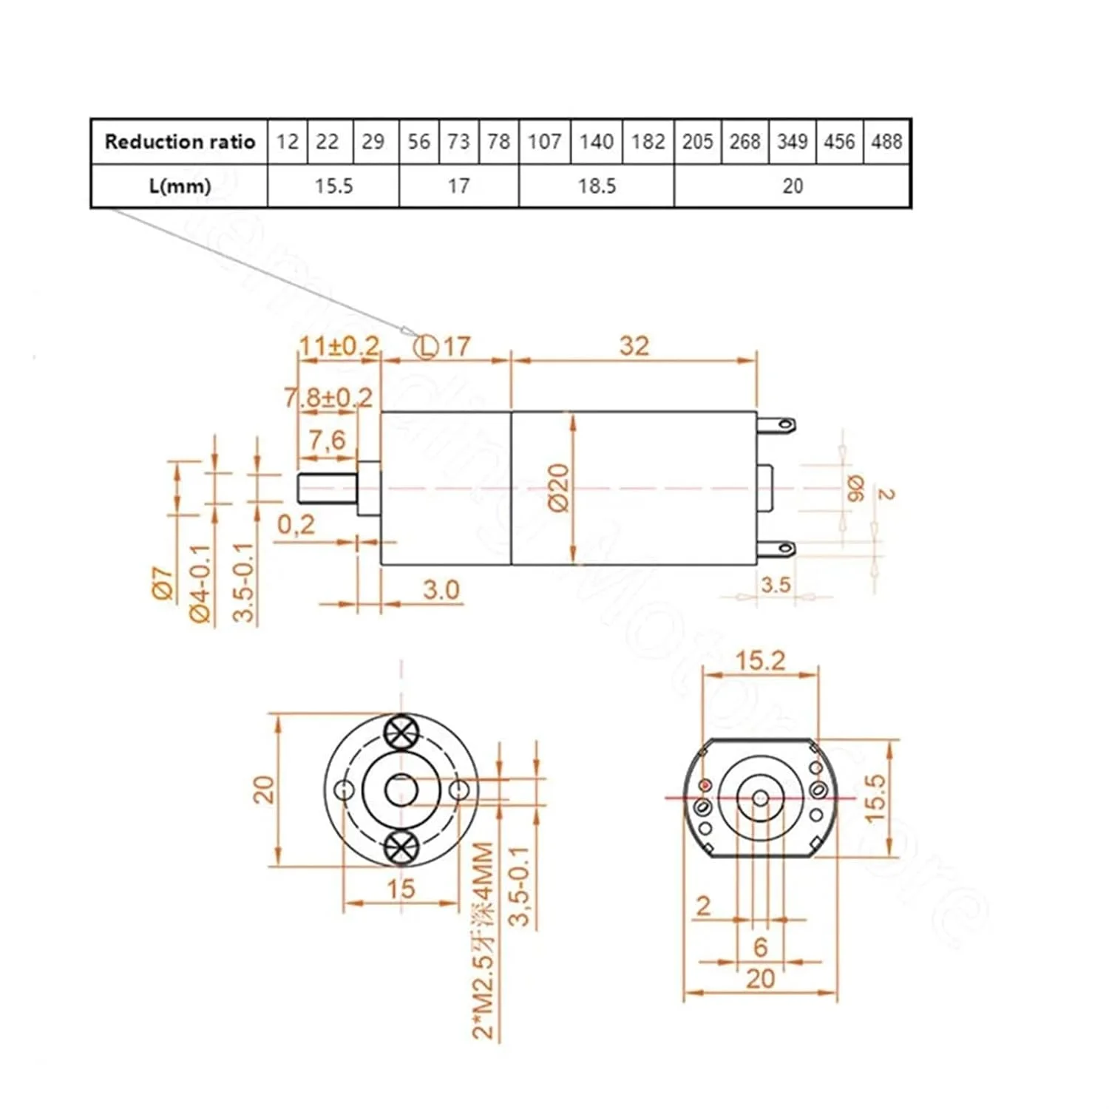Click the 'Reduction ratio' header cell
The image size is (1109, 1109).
click(x=179, y=141)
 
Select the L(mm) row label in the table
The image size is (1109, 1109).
click(x=179, y=186)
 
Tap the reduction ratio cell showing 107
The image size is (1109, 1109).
click(x=544, y=141)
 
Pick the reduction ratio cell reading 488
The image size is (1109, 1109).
click(x=886, y=141)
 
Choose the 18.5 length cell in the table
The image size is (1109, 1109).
click(x=596, y=186)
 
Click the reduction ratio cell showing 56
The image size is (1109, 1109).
click(x=418, y=141)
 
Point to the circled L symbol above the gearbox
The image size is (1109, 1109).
click(x=426, y=346)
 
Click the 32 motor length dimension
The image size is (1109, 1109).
click(x=634, y=345)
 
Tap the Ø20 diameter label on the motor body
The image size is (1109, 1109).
click(x=559, y=488)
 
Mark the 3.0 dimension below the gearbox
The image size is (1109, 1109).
click(x=441, y=590)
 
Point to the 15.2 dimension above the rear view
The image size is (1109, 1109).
click(x=760, y=660)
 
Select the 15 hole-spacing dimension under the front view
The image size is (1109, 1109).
click(x=401, y=888)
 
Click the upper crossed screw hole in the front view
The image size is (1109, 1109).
click(x=401, y=733)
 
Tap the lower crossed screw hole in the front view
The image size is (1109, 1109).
click(x=401, y=846)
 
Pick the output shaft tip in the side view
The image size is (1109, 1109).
click(x=303, y=489)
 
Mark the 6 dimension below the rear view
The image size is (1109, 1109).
click(x=760, y=946)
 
